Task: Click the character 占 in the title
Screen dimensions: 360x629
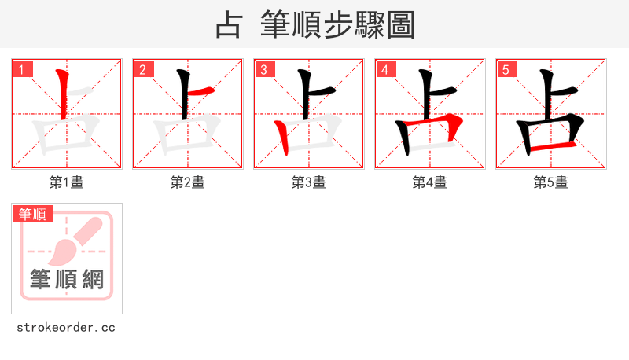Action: click(x=228, y=25)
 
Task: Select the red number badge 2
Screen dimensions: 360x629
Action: click(x=143, y=69)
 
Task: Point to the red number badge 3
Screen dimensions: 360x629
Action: click(x=264, y=69)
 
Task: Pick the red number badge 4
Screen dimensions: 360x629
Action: click(x=385, y=69)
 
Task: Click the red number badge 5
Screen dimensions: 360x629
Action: click(x=506, y=69)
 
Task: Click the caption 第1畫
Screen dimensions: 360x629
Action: click(x=67, y=182)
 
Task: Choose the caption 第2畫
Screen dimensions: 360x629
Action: click(x=188, y=182)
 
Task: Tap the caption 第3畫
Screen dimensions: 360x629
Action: click(x=309, y=182)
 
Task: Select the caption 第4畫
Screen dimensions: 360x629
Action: click(x=430, y=182)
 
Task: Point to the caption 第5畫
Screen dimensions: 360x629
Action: click(x=551, y=182)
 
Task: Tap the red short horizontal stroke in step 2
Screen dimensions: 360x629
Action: click(x=201, y=94)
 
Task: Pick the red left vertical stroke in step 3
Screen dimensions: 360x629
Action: click(x=282, y=138)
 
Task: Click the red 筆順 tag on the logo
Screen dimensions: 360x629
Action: click(x=33, y=214)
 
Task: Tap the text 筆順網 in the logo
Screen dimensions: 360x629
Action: click(x=67, y=279)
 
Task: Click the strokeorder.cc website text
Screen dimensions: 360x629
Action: click(x=67, y=327)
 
